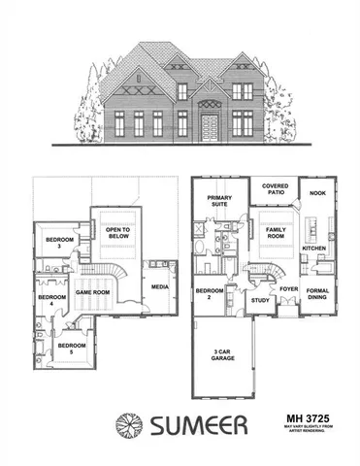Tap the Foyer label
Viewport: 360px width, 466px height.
point(288,288)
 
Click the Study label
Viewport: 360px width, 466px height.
point(259,300)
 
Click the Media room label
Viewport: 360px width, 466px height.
point(159,286)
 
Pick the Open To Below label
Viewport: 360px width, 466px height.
point(118,233)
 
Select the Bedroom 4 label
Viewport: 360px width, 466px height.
point(49,301)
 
